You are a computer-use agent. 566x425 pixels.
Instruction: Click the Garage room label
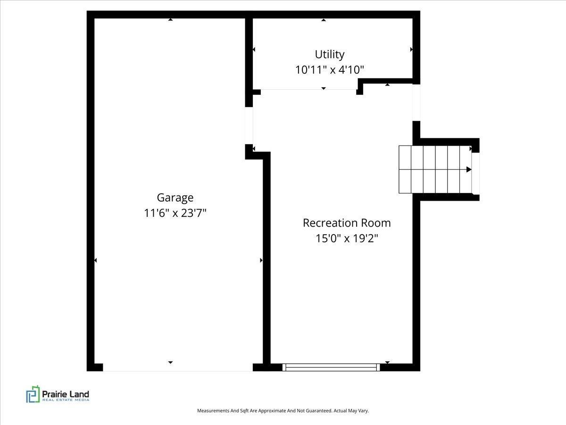click(175, 198)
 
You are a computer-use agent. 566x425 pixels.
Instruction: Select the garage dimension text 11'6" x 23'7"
click(175, 213)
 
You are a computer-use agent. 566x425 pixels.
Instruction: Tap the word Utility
click(330, 55)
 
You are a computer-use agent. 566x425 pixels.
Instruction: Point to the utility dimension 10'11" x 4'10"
click(330, 70)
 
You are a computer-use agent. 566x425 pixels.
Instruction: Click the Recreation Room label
click(347, 223)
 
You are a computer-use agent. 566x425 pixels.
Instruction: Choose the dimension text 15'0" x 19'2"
click(347, 238)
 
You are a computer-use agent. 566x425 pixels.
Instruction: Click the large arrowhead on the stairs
click(469, 170)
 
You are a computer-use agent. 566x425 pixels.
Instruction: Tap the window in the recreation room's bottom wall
click(331, 367)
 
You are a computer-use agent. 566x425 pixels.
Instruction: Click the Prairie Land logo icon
click(33, 394)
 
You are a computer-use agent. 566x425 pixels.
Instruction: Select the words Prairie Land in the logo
click(66, 394)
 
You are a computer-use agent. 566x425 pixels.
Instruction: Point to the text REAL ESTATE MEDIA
click(66, 400)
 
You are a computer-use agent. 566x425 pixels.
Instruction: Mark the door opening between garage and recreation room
click(249, 126)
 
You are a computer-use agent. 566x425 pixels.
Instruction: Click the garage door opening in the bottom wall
click(178, 367)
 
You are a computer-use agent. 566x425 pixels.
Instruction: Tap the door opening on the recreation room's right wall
click(416, 102)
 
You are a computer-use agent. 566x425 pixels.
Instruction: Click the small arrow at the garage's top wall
click(170, 20)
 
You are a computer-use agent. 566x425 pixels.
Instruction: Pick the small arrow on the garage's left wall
click(95, 260)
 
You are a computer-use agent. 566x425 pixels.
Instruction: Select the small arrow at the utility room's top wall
click(324, 20)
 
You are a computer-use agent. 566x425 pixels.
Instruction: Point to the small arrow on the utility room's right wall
click(412, 49)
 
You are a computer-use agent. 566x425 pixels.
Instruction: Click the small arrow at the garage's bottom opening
click(170, 363)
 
